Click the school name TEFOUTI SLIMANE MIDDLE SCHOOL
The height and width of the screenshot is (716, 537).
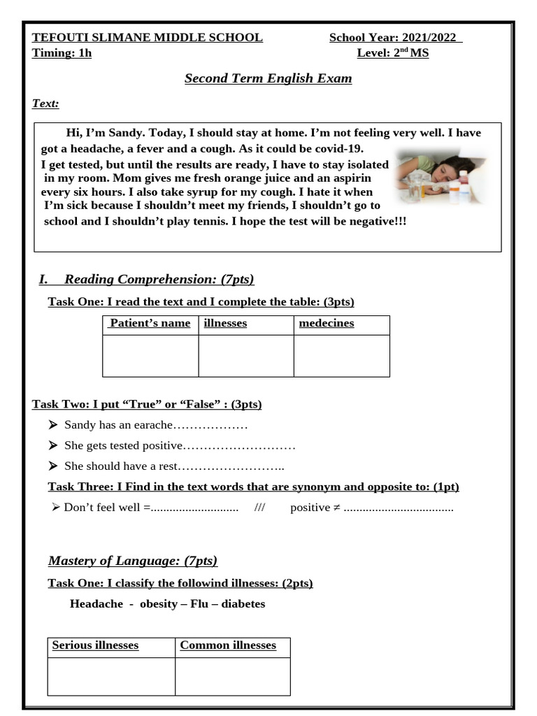(148, 38)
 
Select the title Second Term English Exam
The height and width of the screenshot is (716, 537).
(268, 78)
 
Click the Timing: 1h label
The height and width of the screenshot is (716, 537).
(62, 53)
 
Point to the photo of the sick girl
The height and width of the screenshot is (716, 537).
(439, 177)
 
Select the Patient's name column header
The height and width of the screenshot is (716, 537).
(150, 323)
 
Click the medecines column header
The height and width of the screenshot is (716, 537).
(327, 323)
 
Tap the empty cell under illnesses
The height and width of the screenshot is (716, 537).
(245, 355)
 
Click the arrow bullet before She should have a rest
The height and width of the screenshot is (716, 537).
(52, 466)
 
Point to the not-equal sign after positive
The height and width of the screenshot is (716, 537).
(336, 508)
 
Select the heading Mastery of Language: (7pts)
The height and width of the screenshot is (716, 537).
(133, 561)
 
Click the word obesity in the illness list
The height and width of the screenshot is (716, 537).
(159, 603)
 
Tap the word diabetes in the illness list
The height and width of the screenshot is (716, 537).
(243, 603)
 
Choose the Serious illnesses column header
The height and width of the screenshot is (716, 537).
(95, 645)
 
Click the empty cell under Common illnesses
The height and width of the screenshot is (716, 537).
(232, 675)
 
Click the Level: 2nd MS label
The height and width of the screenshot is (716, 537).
(393, 53)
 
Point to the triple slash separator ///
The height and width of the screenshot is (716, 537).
(260, 508)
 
